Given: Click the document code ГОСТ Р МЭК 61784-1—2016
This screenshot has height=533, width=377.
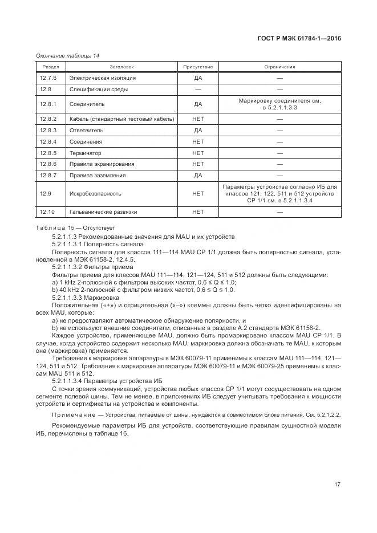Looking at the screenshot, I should [299, 39].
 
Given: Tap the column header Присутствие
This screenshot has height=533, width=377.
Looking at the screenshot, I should [198, 67].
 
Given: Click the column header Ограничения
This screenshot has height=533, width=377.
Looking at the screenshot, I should [279, 67].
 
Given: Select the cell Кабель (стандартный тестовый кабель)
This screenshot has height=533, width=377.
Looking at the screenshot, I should [121, 119].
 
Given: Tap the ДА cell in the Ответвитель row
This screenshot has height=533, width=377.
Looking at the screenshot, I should [198, 131].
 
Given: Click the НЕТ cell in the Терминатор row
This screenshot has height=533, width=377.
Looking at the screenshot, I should [198, 153].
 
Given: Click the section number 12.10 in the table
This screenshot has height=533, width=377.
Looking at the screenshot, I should [47, 212].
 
